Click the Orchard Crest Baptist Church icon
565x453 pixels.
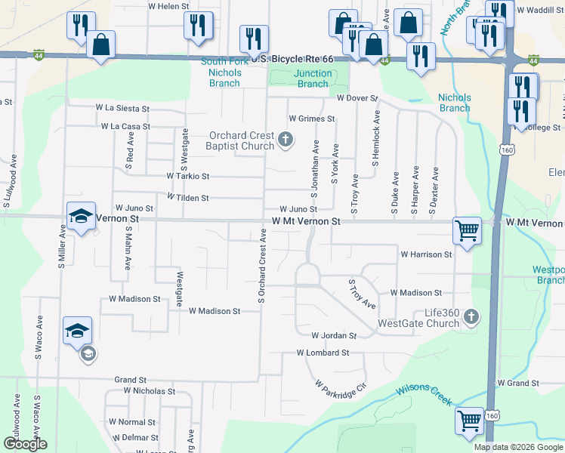pyautogui.click(x=286, y=139)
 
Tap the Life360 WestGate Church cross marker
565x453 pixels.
pyautogui.click(x=471, y=316)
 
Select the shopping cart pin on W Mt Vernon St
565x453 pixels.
pyautogui.click(x=467, y=232)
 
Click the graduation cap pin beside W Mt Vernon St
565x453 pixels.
pyautogui.click(x=82, y=217)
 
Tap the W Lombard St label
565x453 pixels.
pyautogui.click(x=323, y=353)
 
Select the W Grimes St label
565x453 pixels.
pyautogui.click(x=311, y=119)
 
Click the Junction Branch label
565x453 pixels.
pyautogui.click(x=313, y=79)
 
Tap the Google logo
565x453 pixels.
pyautogui.click(x=26, y=444)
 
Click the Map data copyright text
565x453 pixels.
pyautogui.click(x=519, y=447)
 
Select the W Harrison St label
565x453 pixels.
pyautogui.click(x=426, y=254)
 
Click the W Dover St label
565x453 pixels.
pyautogui.click(x=357, y=98)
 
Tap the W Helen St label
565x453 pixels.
pyautogui.click(x=168, y=6)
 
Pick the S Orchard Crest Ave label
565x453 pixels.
pyautogui.click(x=262, y=269)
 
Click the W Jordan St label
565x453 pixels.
pyautogui.click(x=333, y=335)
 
